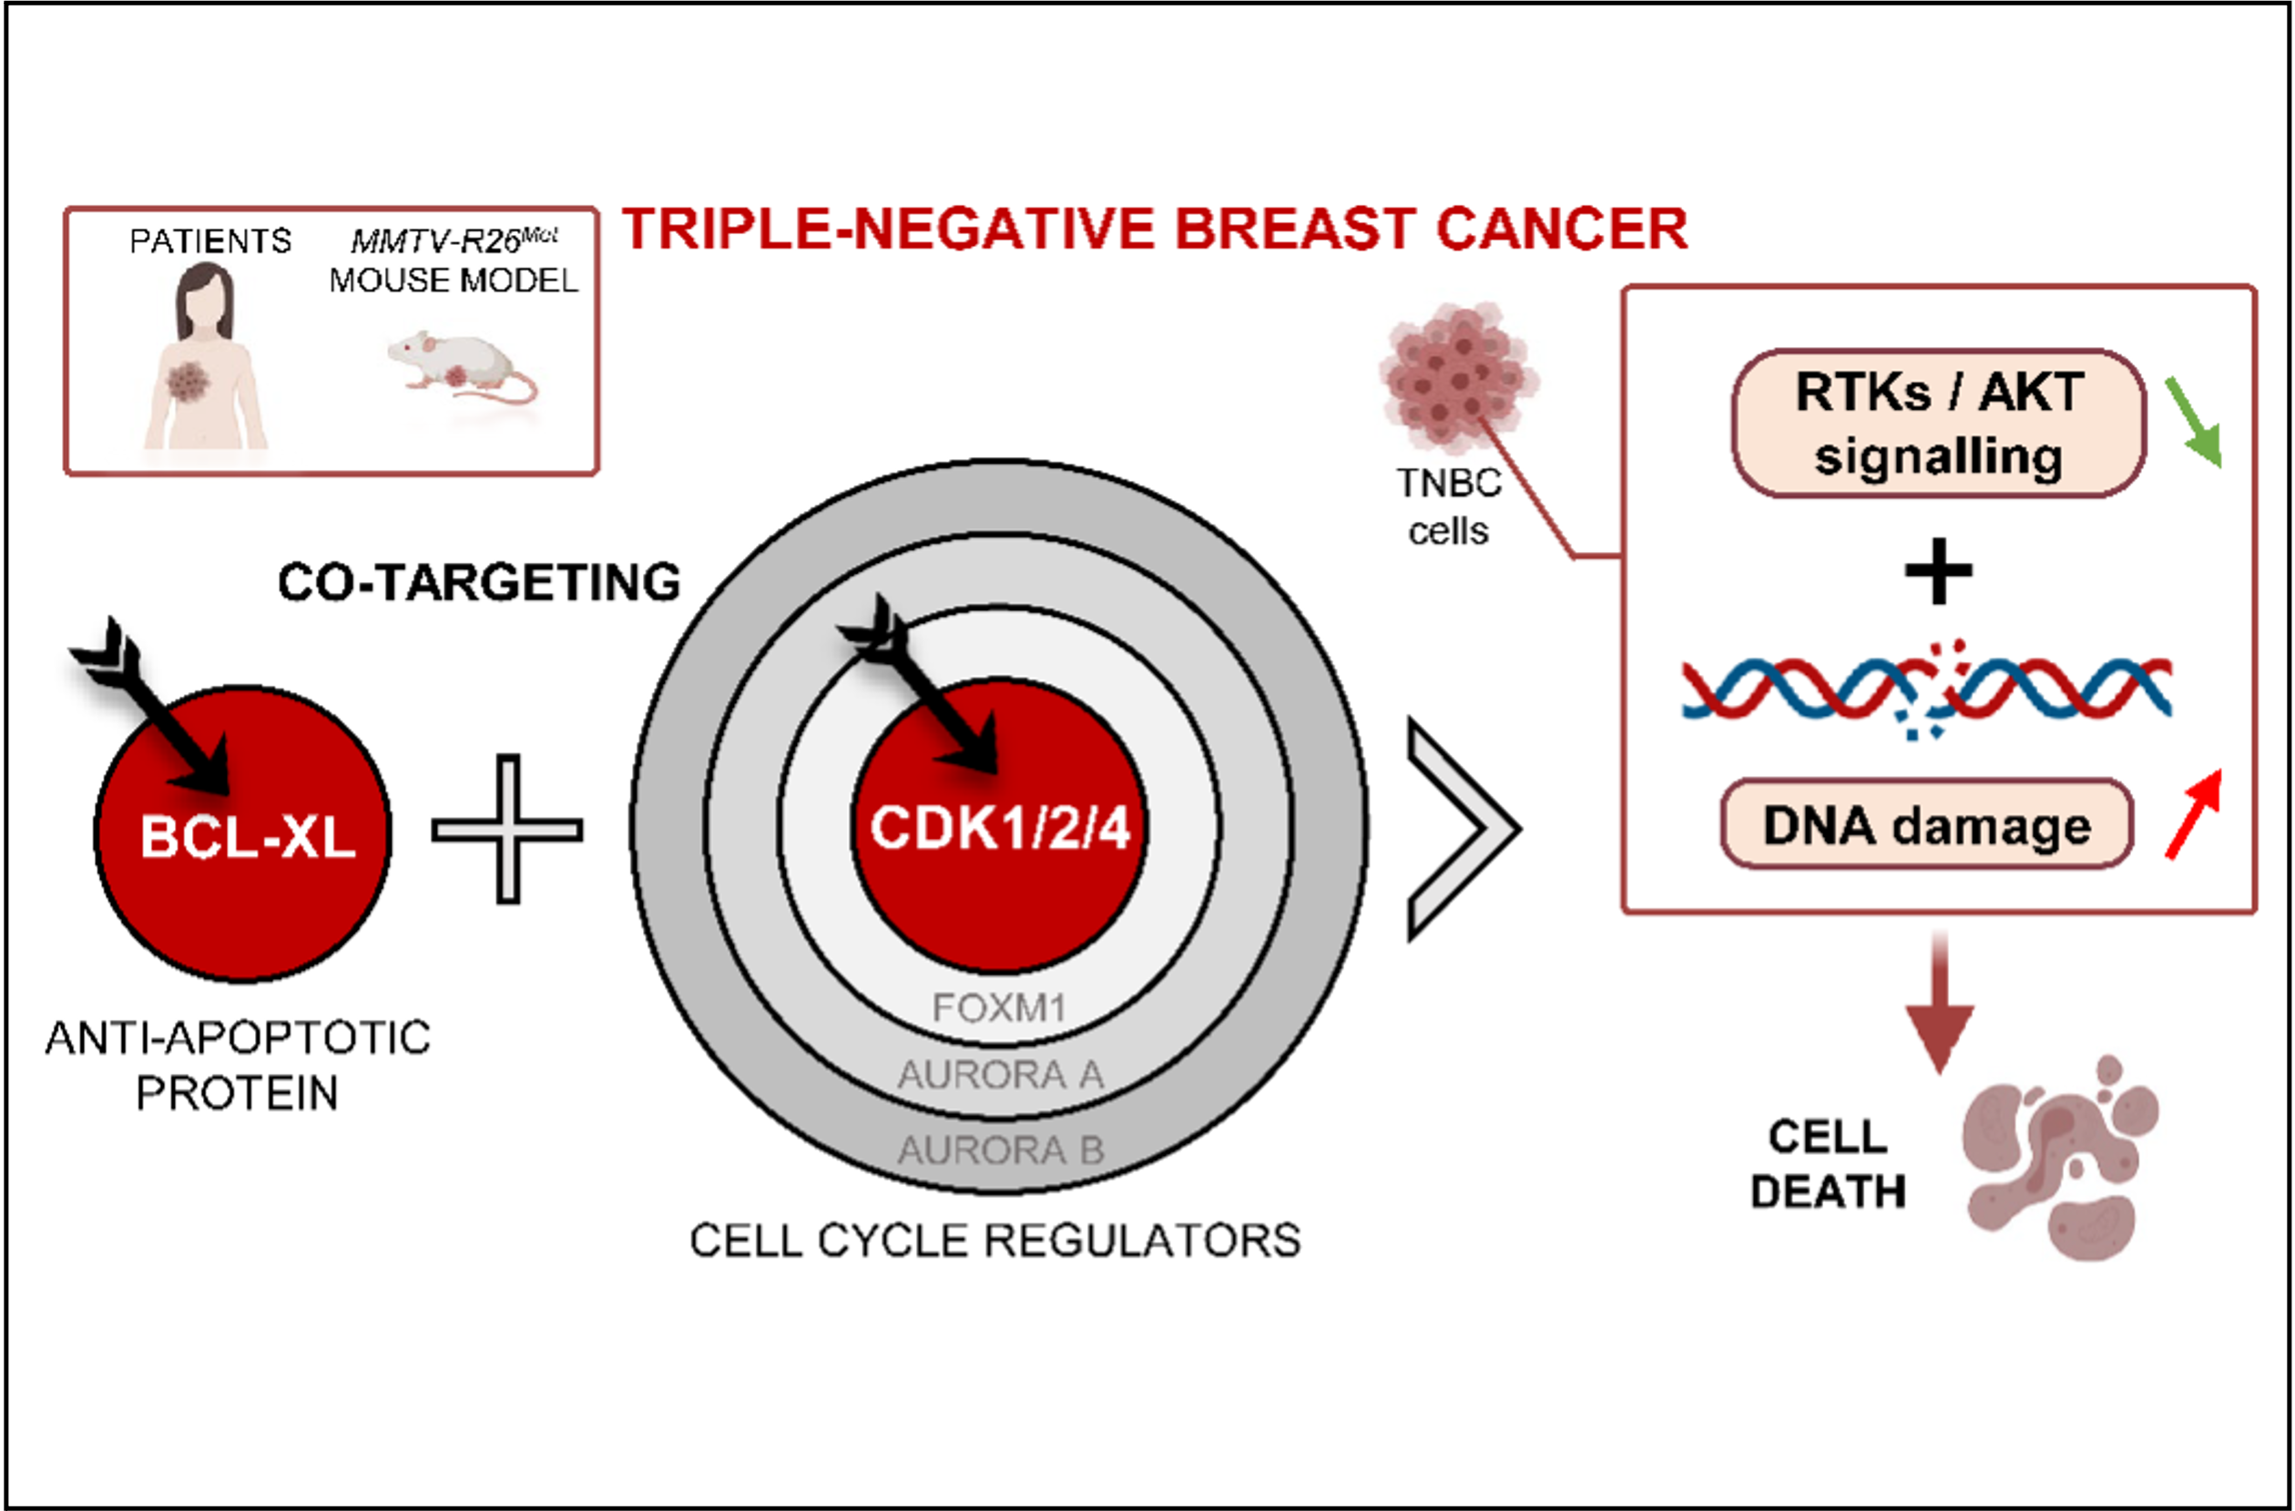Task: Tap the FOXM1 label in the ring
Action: click(999, 1007)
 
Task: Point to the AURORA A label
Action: click(1000, 1074)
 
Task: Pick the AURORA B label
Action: click(1000, 1149)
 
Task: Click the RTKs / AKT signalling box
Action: click(1938, 424)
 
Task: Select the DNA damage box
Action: click(1927, 825)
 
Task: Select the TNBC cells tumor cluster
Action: click(1457, 375)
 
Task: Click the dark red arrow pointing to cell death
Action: click(1939, 1003)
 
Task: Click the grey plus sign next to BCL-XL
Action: click(507, 829)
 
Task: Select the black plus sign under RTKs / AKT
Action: click(1938, 571)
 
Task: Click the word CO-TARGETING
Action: click(479, 582)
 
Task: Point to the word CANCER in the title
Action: click(1562, 230)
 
